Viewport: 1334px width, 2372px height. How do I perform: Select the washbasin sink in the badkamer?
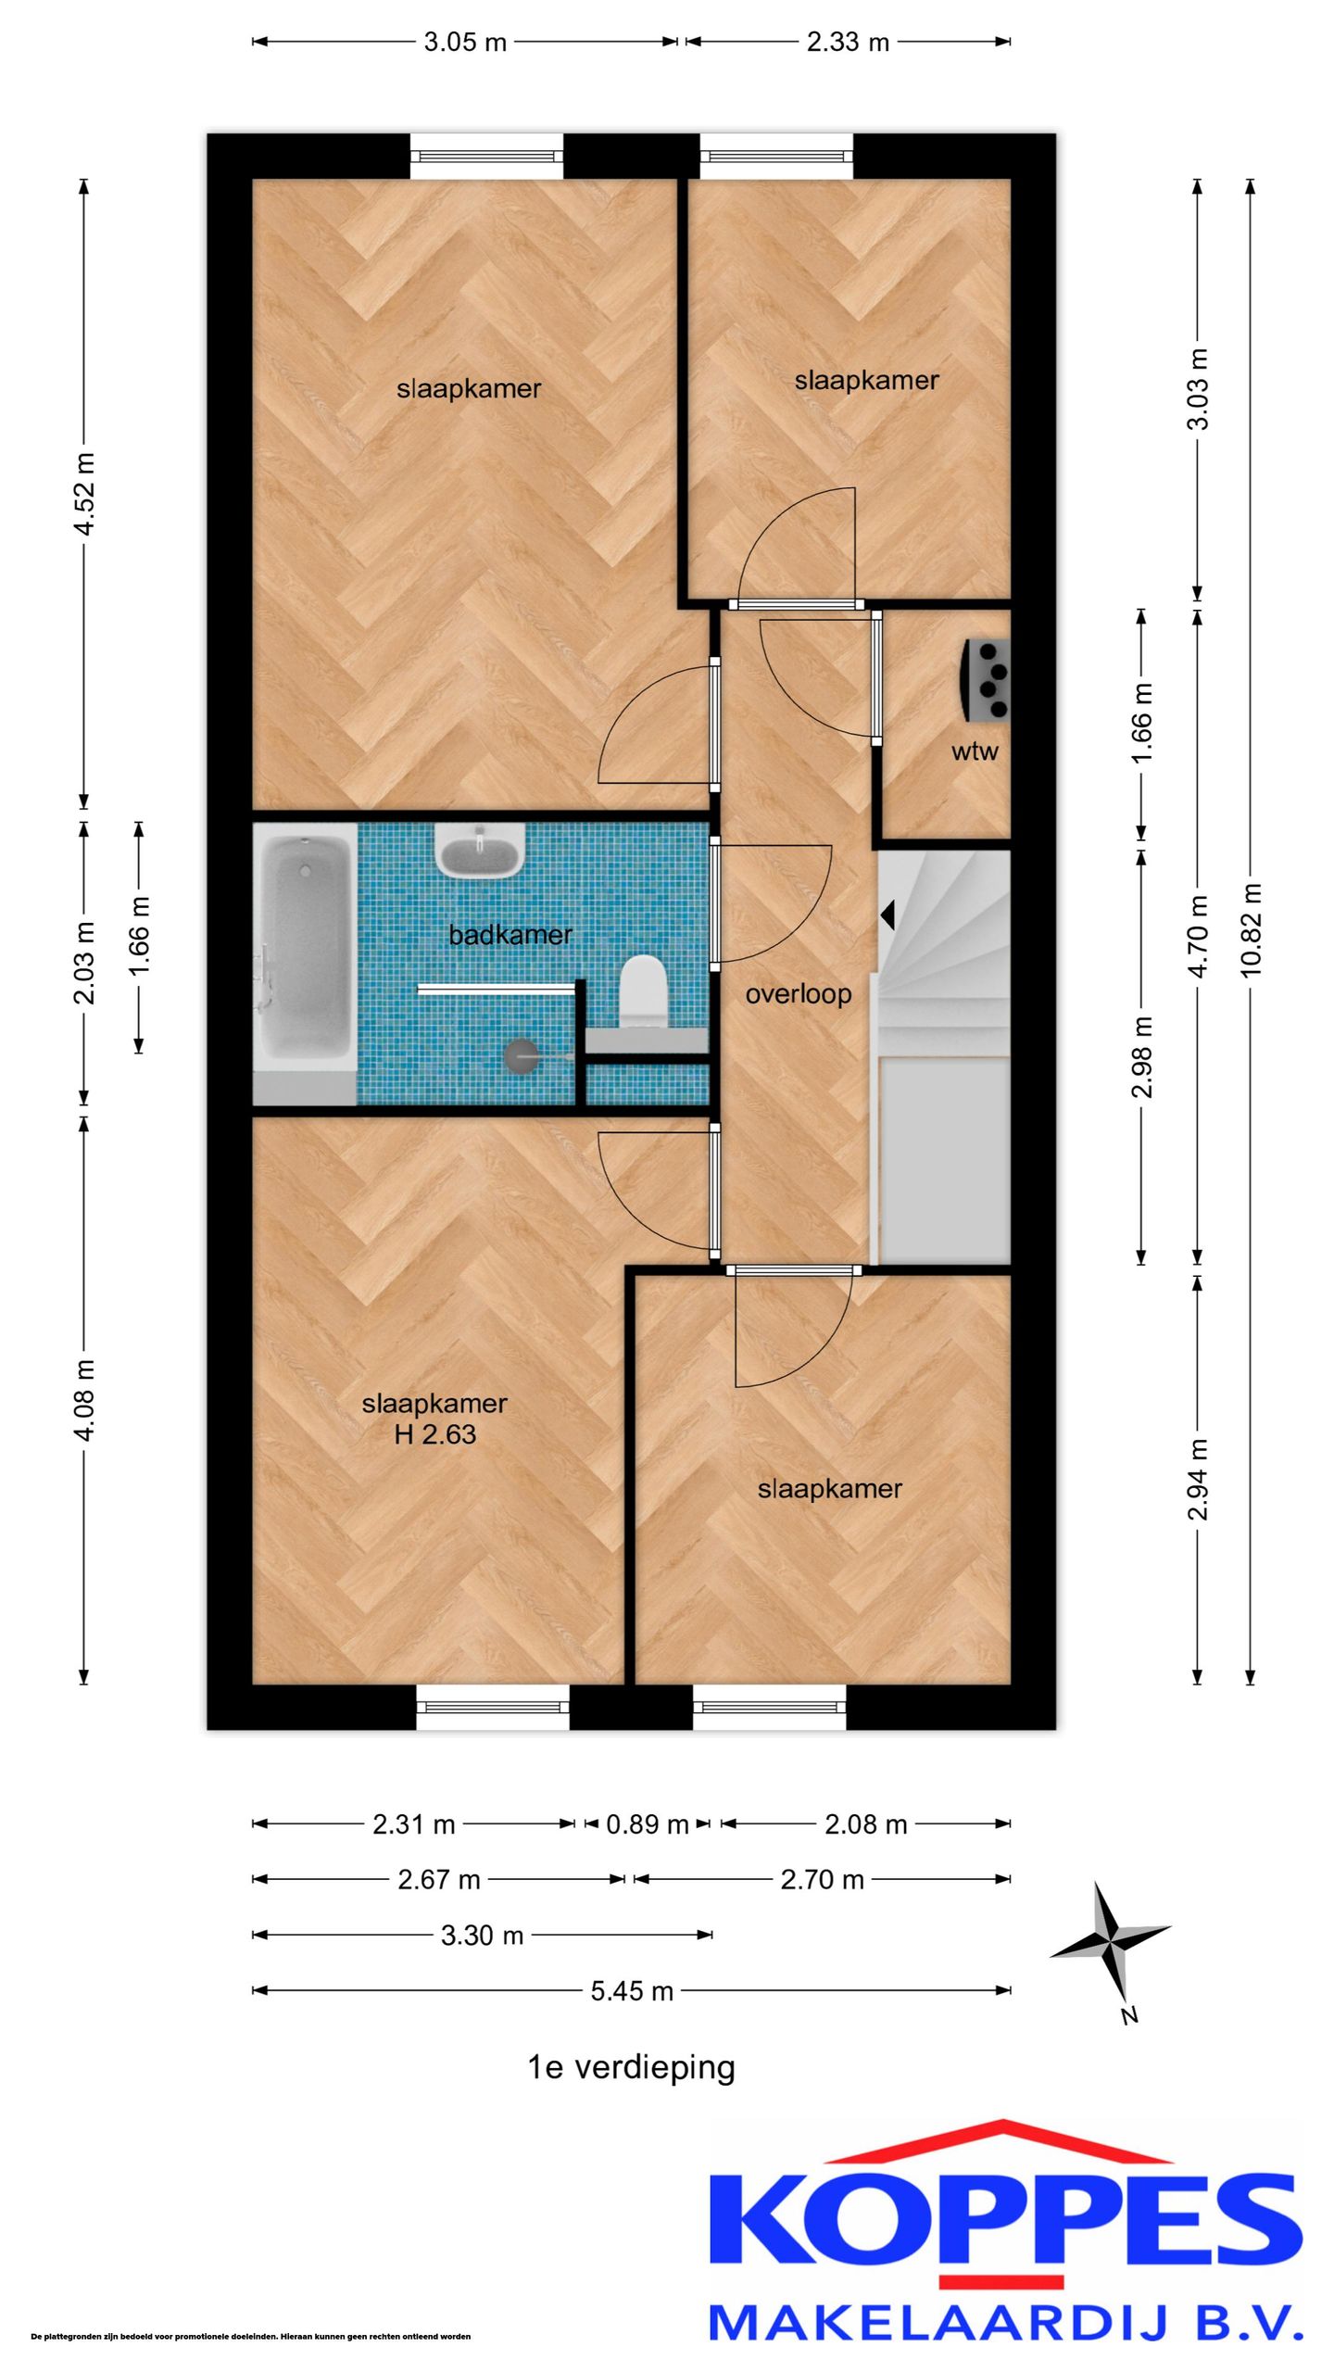481,851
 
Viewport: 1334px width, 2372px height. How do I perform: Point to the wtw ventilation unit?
987,680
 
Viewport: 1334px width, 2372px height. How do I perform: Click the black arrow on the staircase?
887,915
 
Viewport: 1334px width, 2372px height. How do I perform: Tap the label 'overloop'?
799,994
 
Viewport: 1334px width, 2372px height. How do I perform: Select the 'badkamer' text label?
510,935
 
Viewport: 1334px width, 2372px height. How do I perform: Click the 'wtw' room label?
975,751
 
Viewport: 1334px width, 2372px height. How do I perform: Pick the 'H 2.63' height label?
435,1434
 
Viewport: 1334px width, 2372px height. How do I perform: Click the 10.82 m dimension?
1251,930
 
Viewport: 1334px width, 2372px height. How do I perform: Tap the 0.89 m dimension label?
648,1824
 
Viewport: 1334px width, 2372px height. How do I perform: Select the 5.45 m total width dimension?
632,1991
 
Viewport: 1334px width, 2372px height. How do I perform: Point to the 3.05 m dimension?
465,42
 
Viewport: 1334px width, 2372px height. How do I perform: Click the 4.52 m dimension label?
84,494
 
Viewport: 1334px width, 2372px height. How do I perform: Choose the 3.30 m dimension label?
482,1936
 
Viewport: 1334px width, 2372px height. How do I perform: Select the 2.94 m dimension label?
1198,1480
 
